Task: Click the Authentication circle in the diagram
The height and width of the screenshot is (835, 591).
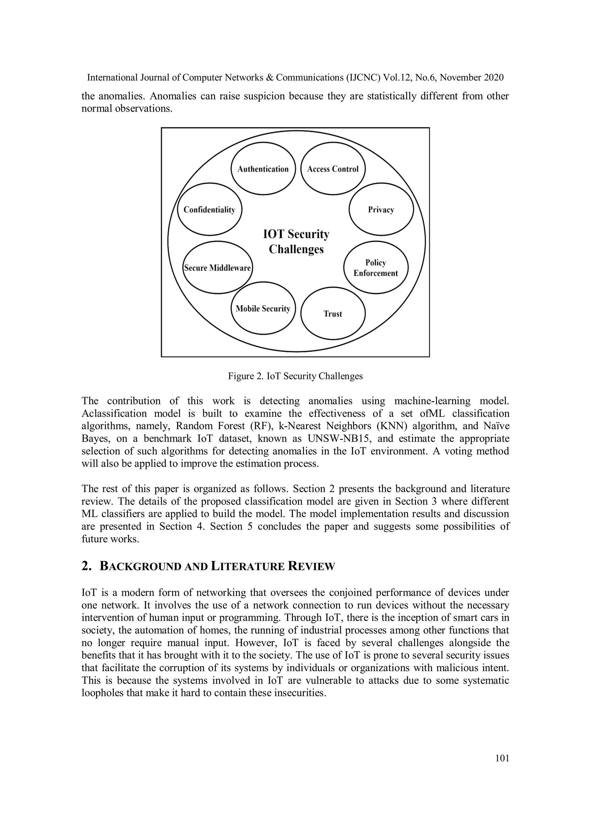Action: (263, 169)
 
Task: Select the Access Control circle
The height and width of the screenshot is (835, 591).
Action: (333, 169)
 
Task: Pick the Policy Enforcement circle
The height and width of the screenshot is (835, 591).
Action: (375, 268)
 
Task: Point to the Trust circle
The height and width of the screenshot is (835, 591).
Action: (333, 314)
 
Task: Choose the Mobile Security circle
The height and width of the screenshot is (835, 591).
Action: (263, 308)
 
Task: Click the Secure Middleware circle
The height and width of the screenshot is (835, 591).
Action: (217, 268)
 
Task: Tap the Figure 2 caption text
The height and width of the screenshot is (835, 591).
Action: (295, 376)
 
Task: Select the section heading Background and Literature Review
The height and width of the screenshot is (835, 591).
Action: (217, 566)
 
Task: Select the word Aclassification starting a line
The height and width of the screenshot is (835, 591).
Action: (113, 414)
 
